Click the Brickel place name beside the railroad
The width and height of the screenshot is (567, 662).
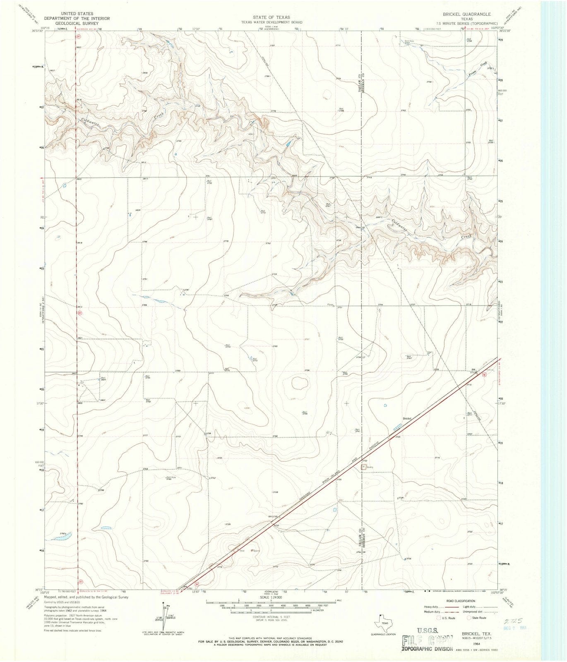point(407,419)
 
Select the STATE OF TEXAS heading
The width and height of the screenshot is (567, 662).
point(271,17)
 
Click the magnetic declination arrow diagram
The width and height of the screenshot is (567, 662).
point(166,616)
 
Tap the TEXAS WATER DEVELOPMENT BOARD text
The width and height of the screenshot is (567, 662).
point(271,22)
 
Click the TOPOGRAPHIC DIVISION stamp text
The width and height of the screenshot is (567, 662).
point(428,649)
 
